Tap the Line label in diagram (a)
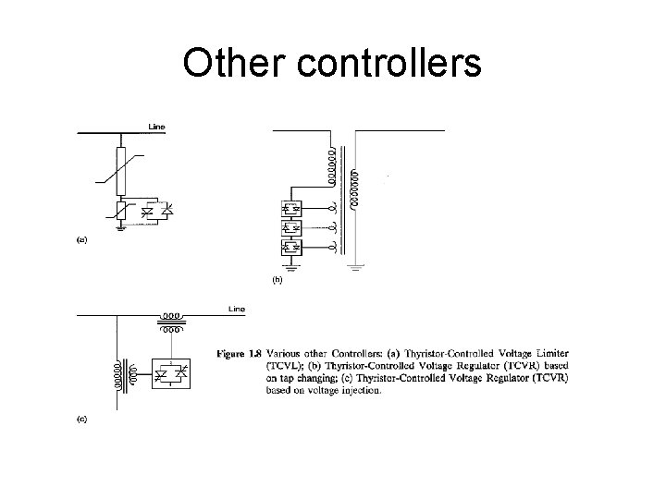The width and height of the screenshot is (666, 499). pos(157,125)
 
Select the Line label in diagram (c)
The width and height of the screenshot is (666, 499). pos(237,309)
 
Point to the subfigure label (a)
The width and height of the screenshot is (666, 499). pos(81,239)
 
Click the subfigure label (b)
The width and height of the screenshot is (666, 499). pos(277,279)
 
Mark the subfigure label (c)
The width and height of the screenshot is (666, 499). pos(81,419)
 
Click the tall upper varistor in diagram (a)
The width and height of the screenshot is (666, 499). pos(121,169)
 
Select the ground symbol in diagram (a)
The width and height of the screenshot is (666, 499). pos(121,229)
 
